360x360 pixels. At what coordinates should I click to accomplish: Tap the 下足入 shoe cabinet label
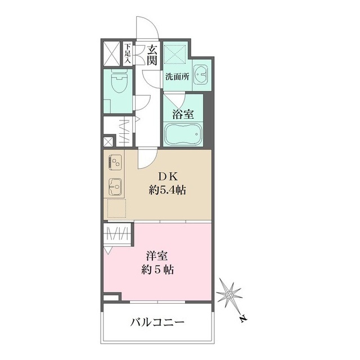128,53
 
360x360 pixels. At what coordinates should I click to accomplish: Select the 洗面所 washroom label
176,77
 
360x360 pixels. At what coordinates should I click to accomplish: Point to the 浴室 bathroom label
183,114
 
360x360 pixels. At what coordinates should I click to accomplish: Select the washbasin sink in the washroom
201,74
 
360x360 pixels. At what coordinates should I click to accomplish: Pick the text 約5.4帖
168,190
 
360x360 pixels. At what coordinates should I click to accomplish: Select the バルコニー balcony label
157,323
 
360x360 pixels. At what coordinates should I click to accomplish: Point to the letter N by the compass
242,319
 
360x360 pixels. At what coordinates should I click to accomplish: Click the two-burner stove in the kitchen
115,163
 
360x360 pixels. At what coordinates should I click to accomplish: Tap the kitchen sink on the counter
115,185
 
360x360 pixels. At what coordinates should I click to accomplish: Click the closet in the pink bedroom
117,235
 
